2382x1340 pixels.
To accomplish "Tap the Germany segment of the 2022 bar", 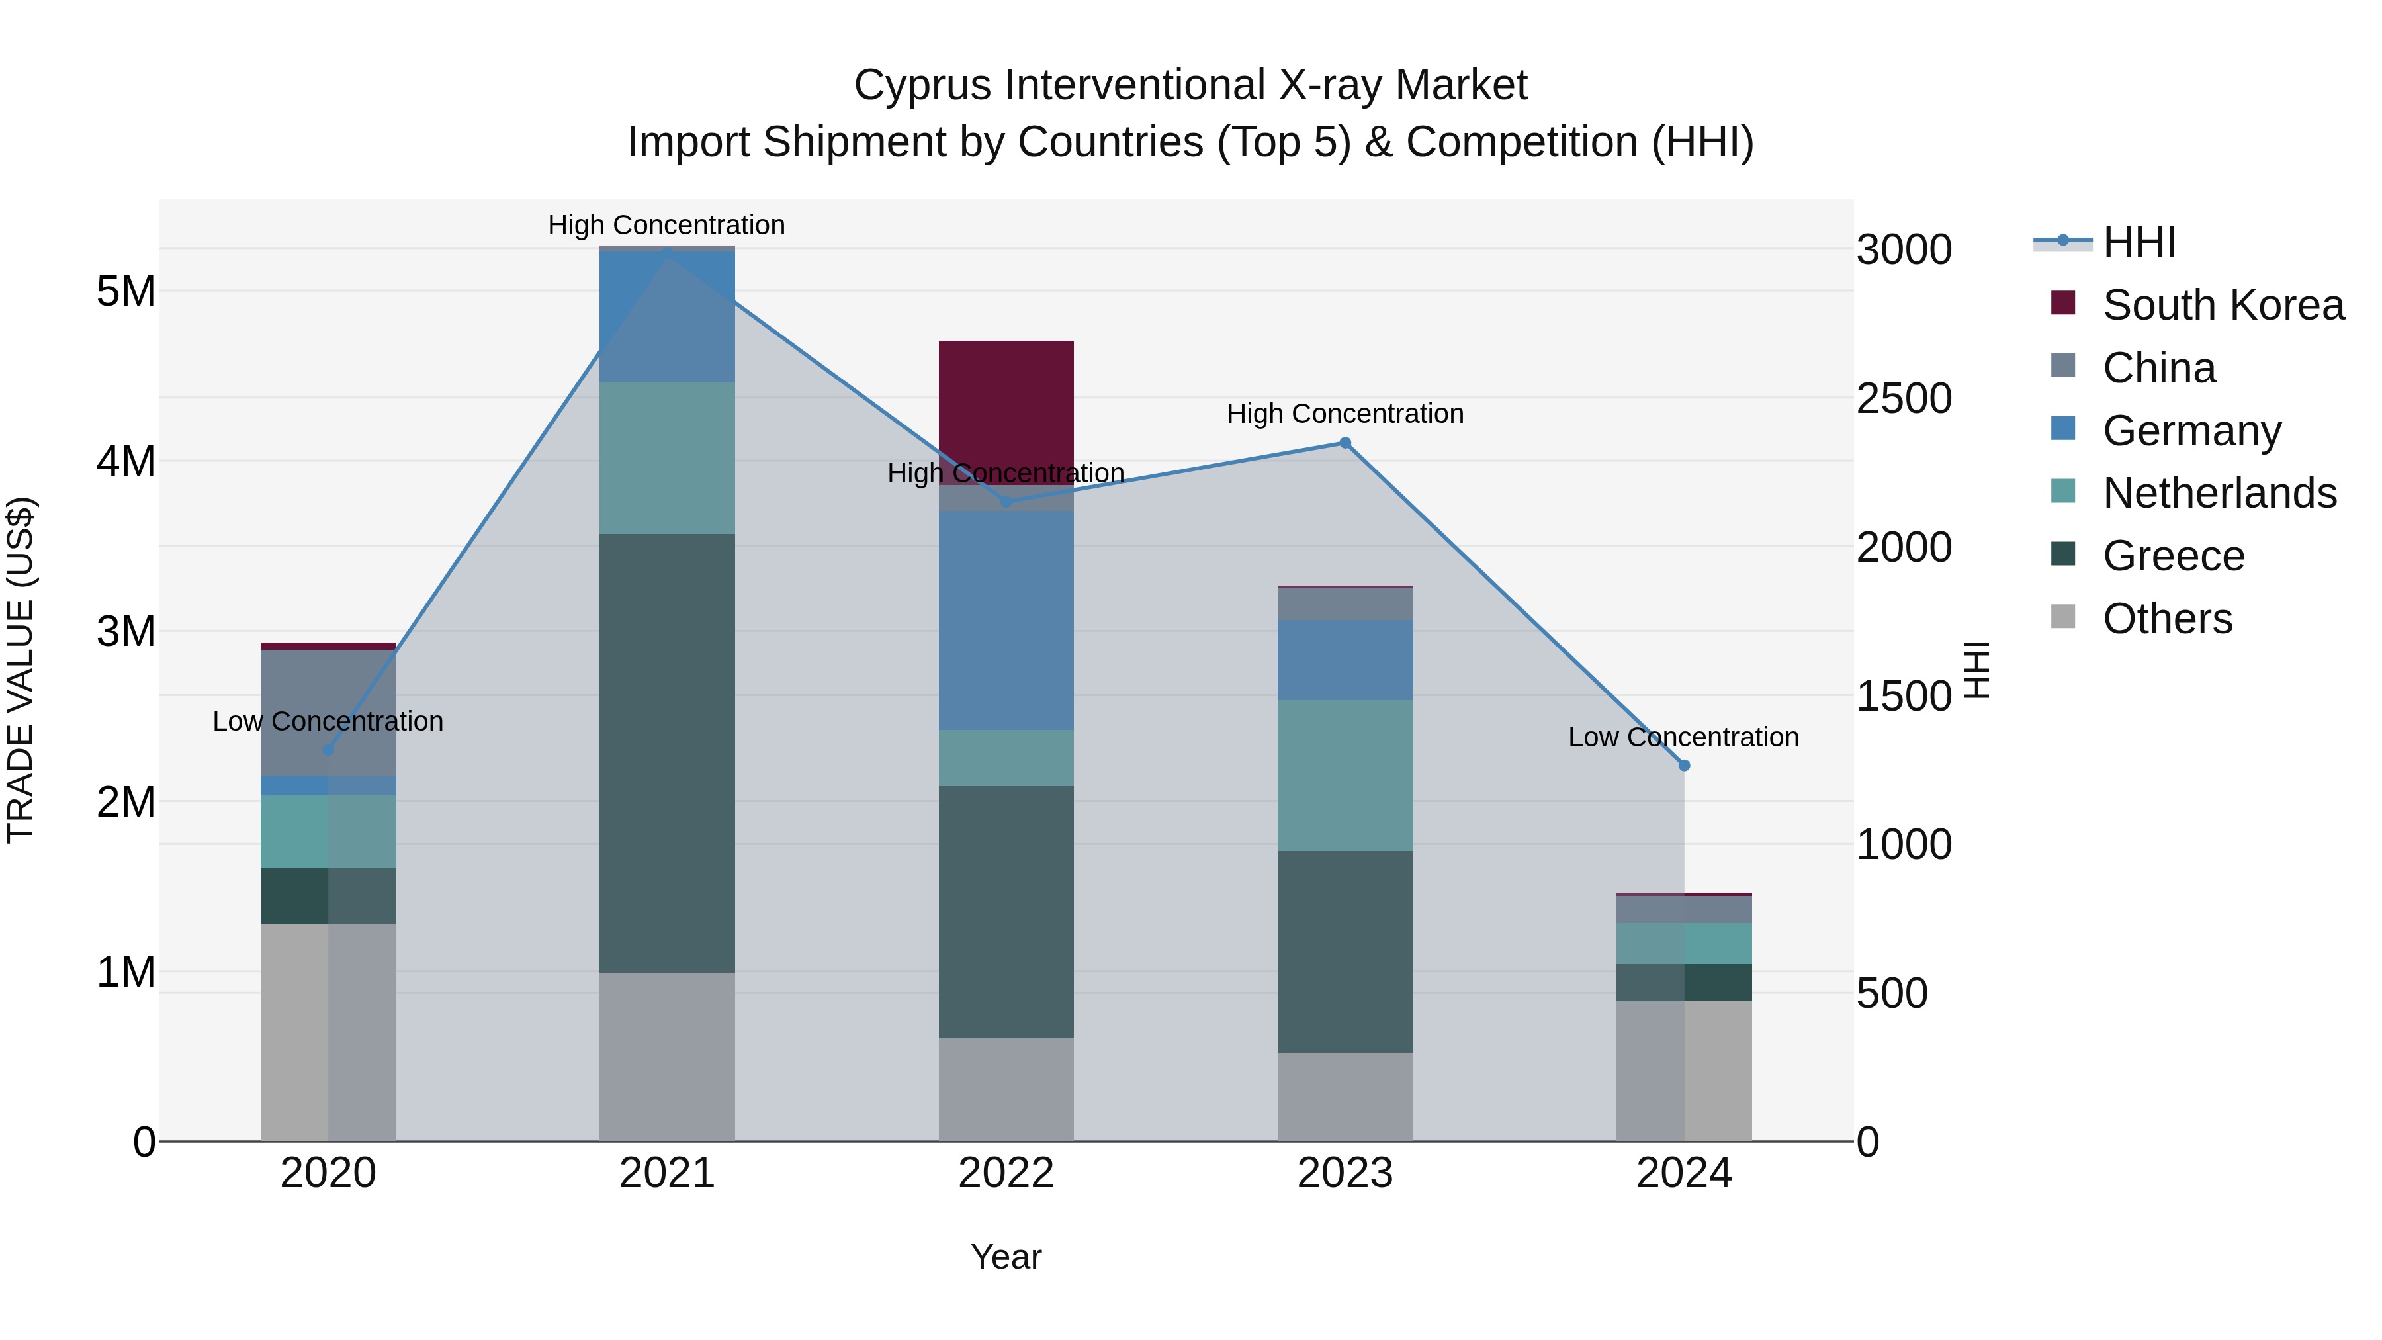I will (x=1006, y=619).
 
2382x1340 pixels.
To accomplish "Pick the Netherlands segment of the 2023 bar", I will (x=1345, y=775).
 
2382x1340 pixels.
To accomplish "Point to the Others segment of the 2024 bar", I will (x=1684, y=1071).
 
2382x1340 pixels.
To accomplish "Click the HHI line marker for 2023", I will (x=1345, y=443).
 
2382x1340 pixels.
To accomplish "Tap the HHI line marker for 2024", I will (x=1684, y=766).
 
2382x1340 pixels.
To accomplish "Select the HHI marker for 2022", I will (x=1006, y=502).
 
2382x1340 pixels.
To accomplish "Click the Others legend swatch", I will (x=2063, y=617).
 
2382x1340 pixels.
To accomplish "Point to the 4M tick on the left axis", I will (x=126, y=461).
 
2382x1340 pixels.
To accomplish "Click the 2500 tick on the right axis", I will (x=1903, y=398).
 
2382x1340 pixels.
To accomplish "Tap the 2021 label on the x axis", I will (x=667, y=1173).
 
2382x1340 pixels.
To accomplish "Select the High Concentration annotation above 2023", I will (x=1345, y=414).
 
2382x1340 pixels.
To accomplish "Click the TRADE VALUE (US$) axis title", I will (x=21, y=670).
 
